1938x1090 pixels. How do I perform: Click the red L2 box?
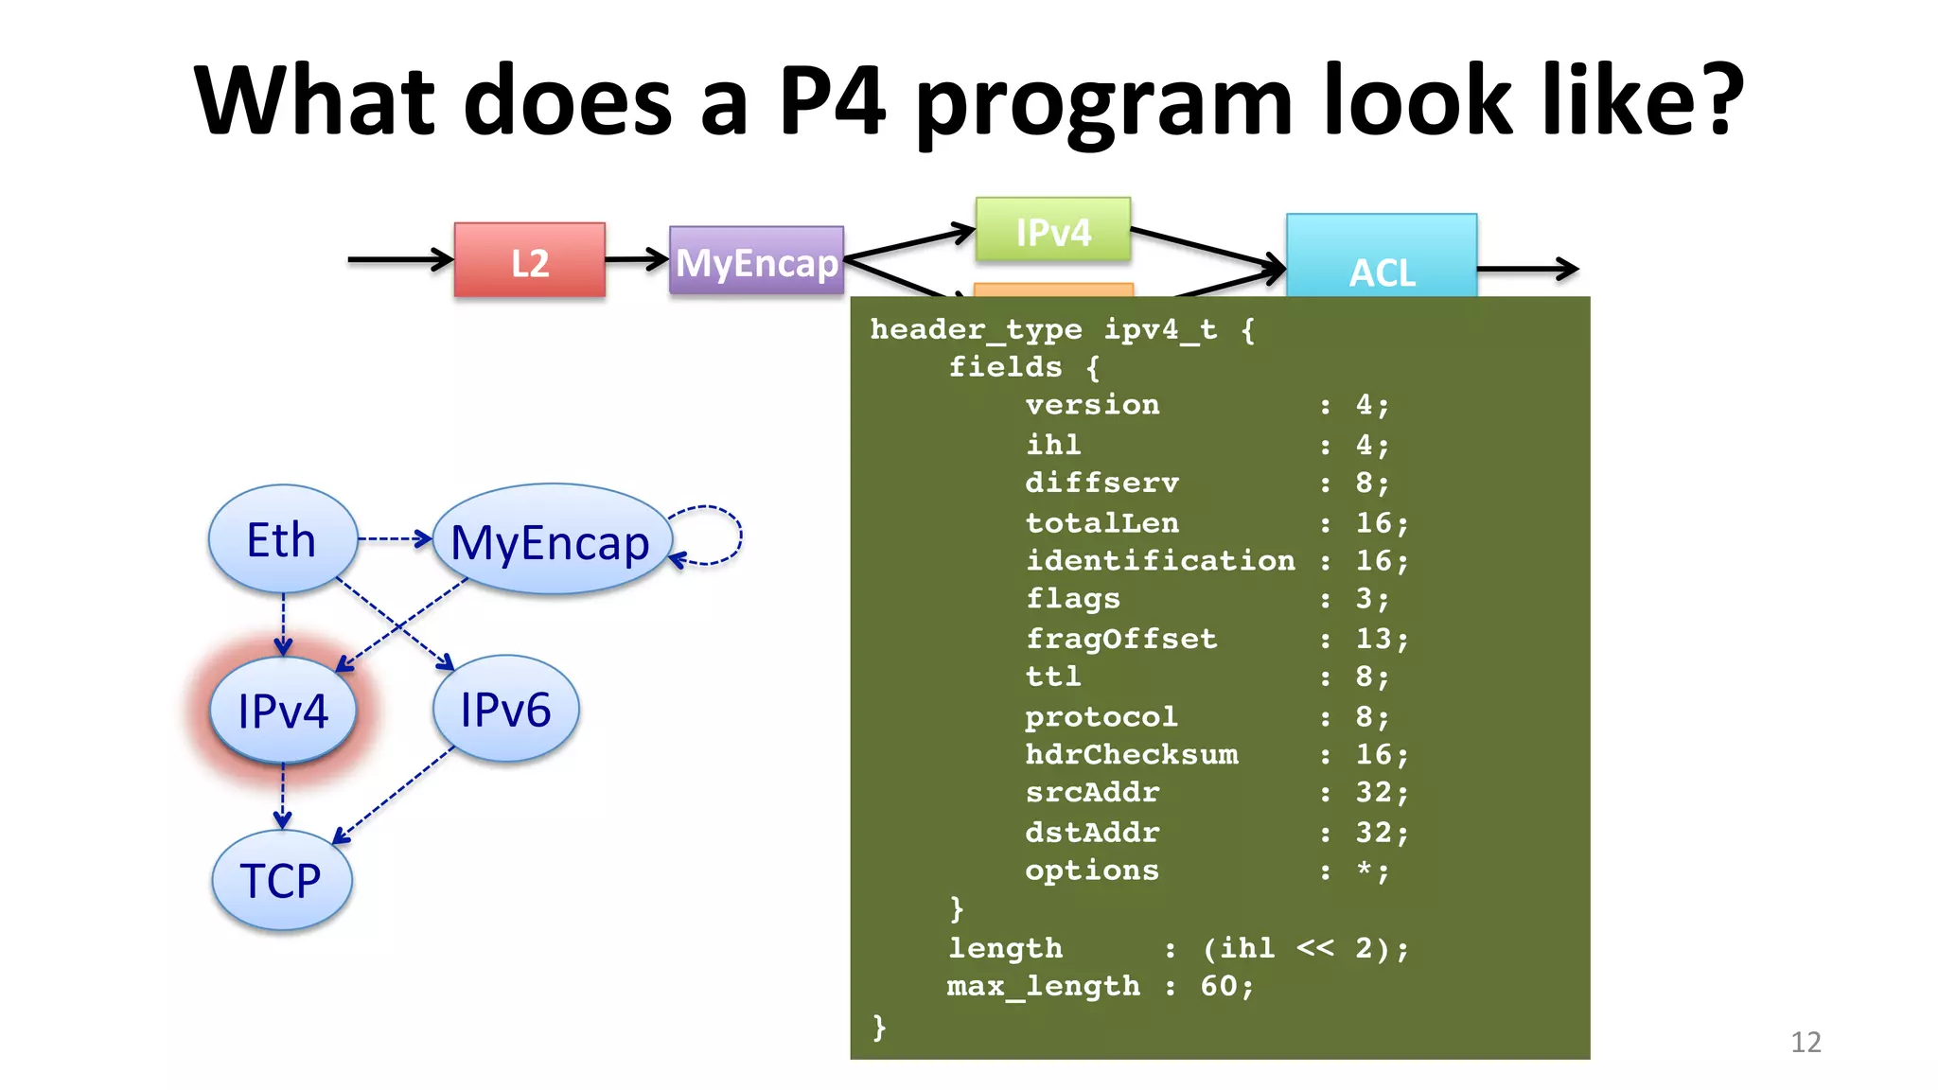pos(529,260)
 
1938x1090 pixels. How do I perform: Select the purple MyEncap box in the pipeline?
pos(756,261)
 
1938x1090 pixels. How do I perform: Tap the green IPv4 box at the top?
pos(1053,230)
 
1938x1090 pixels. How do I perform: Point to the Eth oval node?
pos(282,539)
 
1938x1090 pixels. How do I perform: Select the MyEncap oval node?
pos(551,542)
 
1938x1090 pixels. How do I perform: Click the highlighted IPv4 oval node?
pos(282,711)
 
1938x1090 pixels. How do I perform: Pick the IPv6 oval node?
pos(505,709)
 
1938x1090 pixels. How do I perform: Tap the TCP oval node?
pos(281,880)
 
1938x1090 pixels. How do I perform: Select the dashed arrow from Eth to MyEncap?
pos(394,539)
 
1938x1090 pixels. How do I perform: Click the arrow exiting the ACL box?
pos(1527,270)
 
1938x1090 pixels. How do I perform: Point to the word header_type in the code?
pos(976,329)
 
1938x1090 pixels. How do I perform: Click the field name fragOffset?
pos(1121,639)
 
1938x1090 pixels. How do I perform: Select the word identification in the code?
pos(1160,560)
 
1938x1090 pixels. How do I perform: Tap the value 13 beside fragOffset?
pos(1374,639)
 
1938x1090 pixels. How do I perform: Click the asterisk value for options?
pos(1365,869)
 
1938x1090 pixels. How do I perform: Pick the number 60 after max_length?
pos(1219,986)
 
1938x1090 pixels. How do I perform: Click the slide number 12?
pos(1805,1042)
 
